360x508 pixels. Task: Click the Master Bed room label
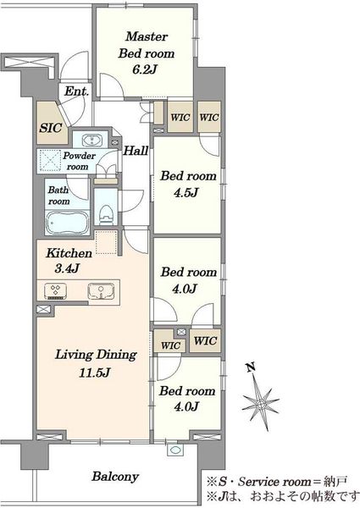coord(147,45)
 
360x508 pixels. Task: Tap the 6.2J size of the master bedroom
coord(145,69)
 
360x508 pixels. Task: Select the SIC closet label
coord(51,128)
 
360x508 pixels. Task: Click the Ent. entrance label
coord(76,91)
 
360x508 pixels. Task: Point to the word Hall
coord(136,151)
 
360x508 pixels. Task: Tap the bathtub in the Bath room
coord(68,222)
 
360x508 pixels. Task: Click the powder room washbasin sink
coord(92,141)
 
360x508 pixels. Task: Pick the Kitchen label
coord(69,253)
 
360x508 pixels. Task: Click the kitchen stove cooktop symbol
coord(55,291)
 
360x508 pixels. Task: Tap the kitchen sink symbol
coord(101,291)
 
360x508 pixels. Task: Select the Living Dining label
coord(96,355)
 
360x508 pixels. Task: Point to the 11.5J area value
coord(95,373)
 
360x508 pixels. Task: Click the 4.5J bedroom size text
coord(186,193)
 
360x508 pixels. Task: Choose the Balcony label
coord(115,477)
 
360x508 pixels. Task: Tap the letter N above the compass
coord(250,367)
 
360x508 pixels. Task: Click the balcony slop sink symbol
coord(175,450)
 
